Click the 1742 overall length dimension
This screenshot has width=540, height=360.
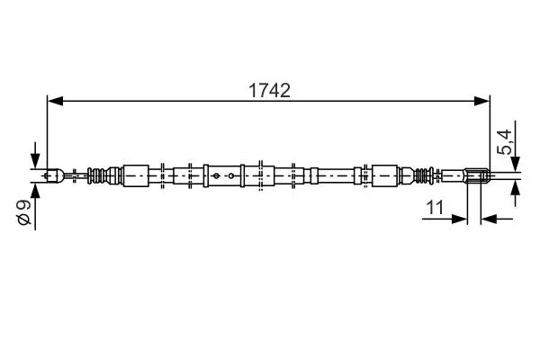pyautogui.click(x=269, y=91)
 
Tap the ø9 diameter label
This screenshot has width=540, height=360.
pyautogui.click(x=24, y=212)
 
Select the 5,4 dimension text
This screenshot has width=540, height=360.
pyautogui.click(x=504, y=142)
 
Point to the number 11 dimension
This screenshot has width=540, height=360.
pyautogui.click(x=435, y=207)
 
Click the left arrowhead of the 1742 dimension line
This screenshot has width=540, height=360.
pyautogui.click(x=55, y=101)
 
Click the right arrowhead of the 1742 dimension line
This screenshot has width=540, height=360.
pyautogui.click(x=481, y=101)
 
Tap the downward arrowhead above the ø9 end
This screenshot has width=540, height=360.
pyautogui.click(x=35, y=161)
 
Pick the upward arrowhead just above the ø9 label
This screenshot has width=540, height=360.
pyautogui.click(x=35, y=191)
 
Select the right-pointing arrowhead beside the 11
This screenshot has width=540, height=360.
pyautogui.click(x=459, y=219)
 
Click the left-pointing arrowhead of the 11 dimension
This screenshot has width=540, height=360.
pyautogui.click(x=489, y=219)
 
